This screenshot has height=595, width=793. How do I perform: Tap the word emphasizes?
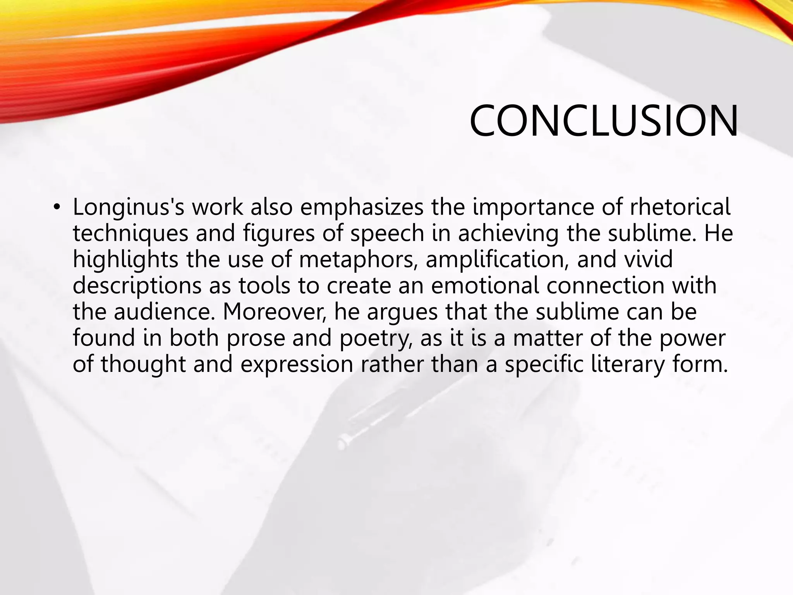coord(362,207)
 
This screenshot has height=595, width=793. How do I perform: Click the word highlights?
coord(125,260)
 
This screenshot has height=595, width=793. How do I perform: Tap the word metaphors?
coord(358,260)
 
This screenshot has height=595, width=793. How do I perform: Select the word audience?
coord(164,311)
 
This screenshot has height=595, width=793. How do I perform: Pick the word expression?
coord(297,365)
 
